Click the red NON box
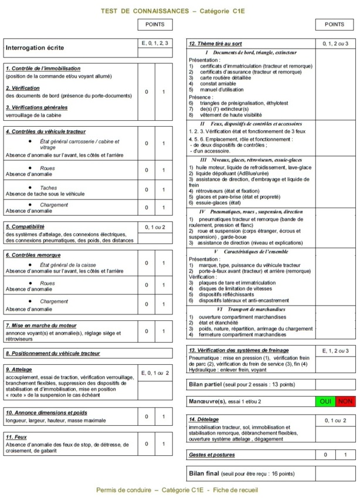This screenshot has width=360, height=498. coord(346,401)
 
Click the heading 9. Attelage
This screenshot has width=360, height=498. coord(19,370)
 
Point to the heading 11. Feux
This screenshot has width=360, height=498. coord(17,437)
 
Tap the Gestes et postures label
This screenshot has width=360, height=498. coord(212,454)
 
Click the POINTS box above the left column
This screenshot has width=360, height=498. coord(155,25)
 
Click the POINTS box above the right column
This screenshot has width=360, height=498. coord(334,25)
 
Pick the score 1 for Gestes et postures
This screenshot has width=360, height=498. coord(345,455)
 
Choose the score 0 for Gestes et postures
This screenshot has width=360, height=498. coord(325,455)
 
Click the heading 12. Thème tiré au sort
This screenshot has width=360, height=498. coord(214,44)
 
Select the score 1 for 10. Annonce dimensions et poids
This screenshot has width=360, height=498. coord(164,417)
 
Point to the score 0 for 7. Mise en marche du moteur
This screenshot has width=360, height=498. coord(147,331)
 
